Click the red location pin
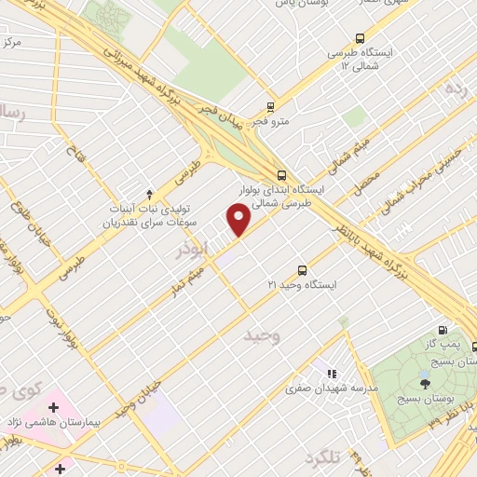coord(239,221)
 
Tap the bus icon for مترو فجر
coord(270,106)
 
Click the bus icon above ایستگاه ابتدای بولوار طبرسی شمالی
coord(281,174)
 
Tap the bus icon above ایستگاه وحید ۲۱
coord(301,267)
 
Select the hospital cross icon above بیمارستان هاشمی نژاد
coord(53,407)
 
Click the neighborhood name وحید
coord(261,334)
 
